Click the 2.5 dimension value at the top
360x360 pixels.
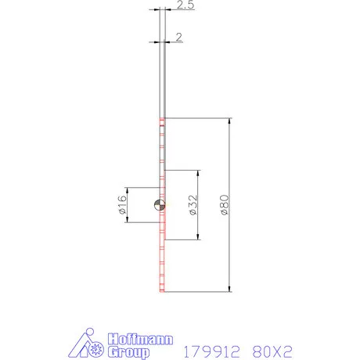point(185,6)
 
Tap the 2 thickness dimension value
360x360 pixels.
point(179,37)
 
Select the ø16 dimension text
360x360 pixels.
point(122,206)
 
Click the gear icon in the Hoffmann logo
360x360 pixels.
point(97,347)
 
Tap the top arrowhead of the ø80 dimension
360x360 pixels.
point(230,122)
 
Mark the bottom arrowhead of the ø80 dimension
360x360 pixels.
point(230,288)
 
